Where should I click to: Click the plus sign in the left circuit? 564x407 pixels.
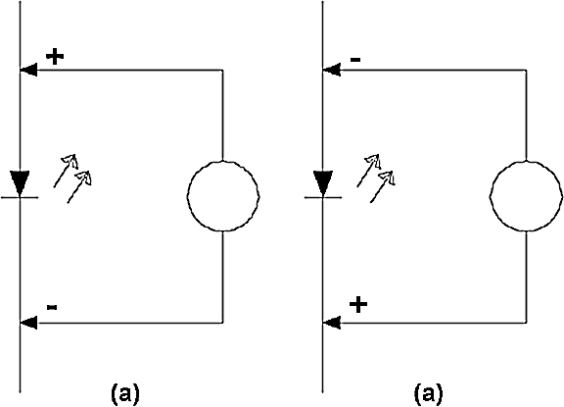[x=55, y=57]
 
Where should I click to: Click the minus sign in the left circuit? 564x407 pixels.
[x=52, y=307]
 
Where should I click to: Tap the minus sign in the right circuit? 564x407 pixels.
[x=355, y=60]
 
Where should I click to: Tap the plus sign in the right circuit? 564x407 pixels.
[x=358, y=305]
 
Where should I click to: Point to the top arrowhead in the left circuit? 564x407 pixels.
[x=28, y=70]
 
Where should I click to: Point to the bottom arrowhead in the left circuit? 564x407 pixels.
[x=28, y=323]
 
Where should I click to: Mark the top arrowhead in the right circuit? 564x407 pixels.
[x=332, y=70]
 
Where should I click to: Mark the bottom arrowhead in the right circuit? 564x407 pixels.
[x=332, y=323]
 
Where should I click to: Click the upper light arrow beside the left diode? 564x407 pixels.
[x=66, y=171]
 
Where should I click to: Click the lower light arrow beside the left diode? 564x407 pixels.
[x=79, y=186]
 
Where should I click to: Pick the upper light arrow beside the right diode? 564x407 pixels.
[x=369, y=171]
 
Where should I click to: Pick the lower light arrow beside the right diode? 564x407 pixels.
[x=383, y=186]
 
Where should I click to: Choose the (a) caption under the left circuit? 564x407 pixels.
[x=124, y=393]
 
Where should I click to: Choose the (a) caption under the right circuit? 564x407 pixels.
[x=429, y=393]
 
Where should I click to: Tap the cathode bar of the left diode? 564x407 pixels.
[x=20, y=197]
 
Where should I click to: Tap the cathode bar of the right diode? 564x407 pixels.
[x=323, y=197]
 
